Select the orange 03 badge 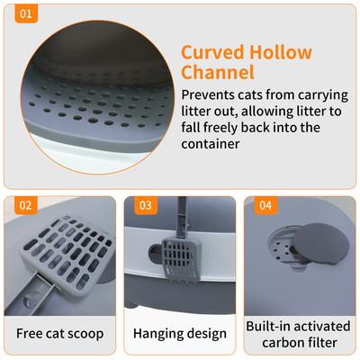pyautogui.click(x=145, y=205)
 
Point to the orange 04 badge pyautogui.click(x=265, y=205)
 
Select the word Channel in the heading pyautogui.click(x=218, y=73)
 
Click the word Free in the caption pyautogui.click(x=32, y=334)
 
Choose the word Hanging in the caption pyautogui.click(x=159, y=334)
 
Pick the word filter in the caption pyautogui.click(x=321, y=343)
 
